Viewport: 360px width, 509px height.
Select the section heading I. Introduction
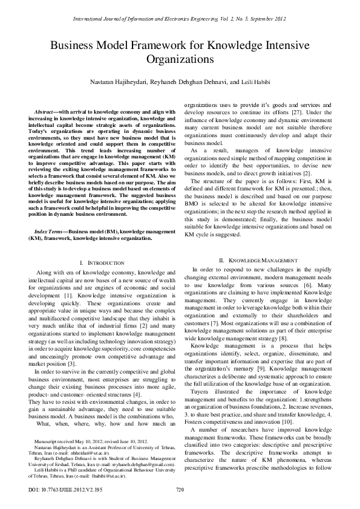pos(102,264)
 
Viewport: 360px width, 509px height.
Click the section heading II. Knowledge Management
pos(258,260)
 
